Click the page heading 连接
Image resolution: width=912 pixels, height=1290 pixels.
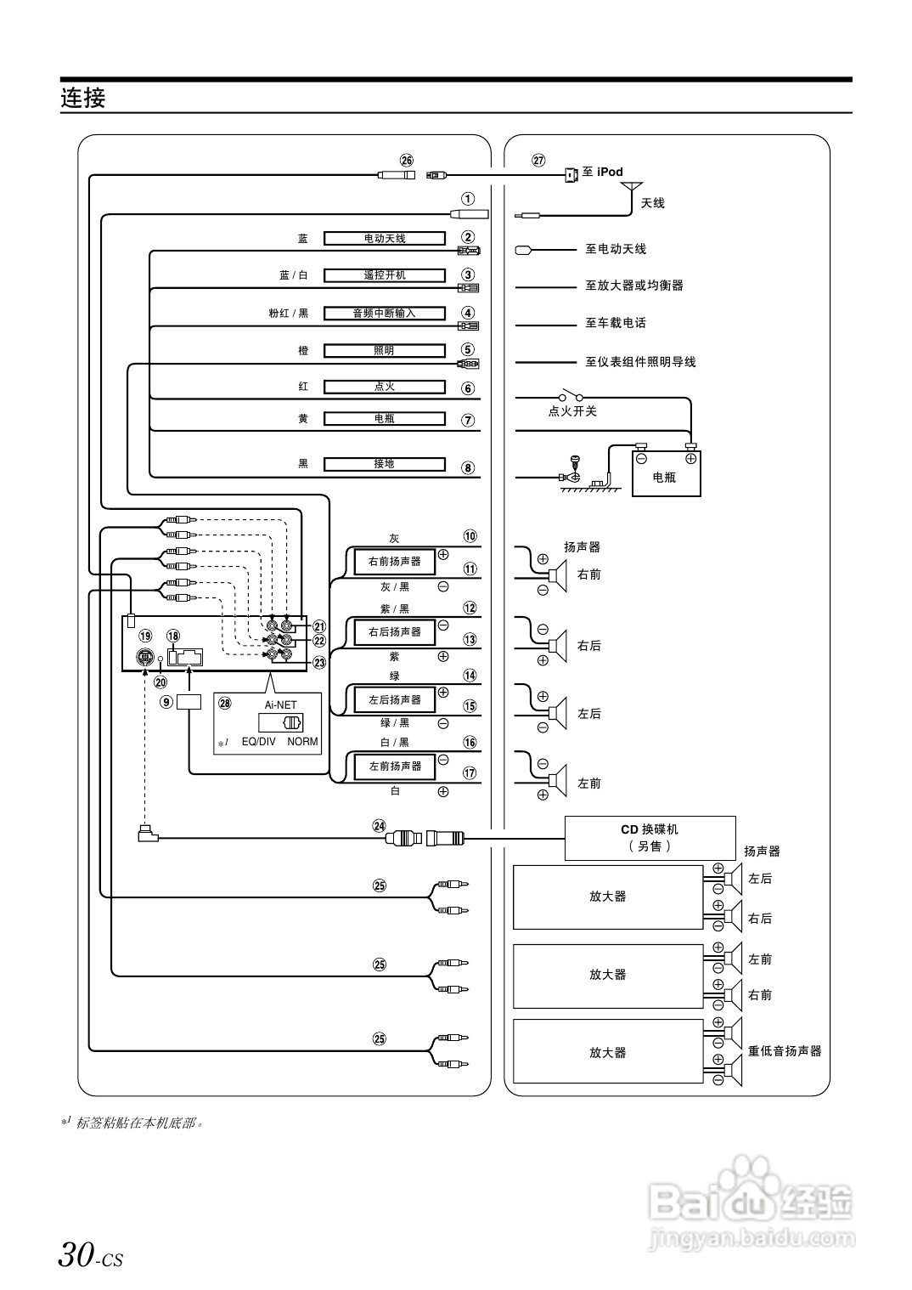point(82,98)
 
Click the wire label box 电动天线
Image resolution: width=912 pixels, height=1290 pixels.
point(385,239)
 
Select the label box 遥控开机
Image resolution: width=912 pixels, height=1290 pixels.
point(385,275)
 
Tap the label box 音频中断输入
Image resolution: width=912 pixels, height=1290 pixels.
point(385,314)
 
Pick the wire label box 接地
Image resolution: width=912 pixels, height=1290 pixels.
point(385,464)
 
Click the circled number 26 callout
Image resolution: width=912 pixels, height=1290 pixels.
point(406,160)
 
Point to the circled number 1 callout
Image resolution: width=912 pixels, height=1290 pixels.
point(468,200)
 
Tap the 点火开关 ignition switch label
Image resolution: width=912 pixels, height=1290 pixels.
point(572,411)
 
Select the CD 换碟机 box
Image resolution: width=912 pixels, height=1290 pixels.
point(650,838)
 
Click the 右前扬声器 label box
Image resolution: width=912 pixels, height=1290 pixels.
point(394,562)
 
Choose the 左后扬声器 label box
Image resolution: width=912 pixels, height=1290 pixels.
point(394,700)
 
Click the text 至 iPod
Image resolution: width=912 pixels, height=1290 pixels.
point(603,172)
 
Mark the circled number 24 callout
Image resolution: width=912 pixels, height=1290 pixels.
point(379,825)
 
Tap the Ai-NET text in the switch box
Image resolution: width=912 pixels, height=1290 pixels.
point(281,705)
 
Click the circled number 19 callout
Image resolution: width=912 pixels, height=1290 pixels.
point(145,636)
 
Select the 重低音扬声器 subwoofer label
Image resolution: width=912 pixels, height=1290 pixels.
point(785,1051)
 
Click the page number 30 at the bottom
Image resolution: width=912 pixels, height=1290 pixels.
point(75,1254)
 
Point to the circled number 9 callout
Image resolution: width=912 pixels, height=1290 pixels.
point(166,702)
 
